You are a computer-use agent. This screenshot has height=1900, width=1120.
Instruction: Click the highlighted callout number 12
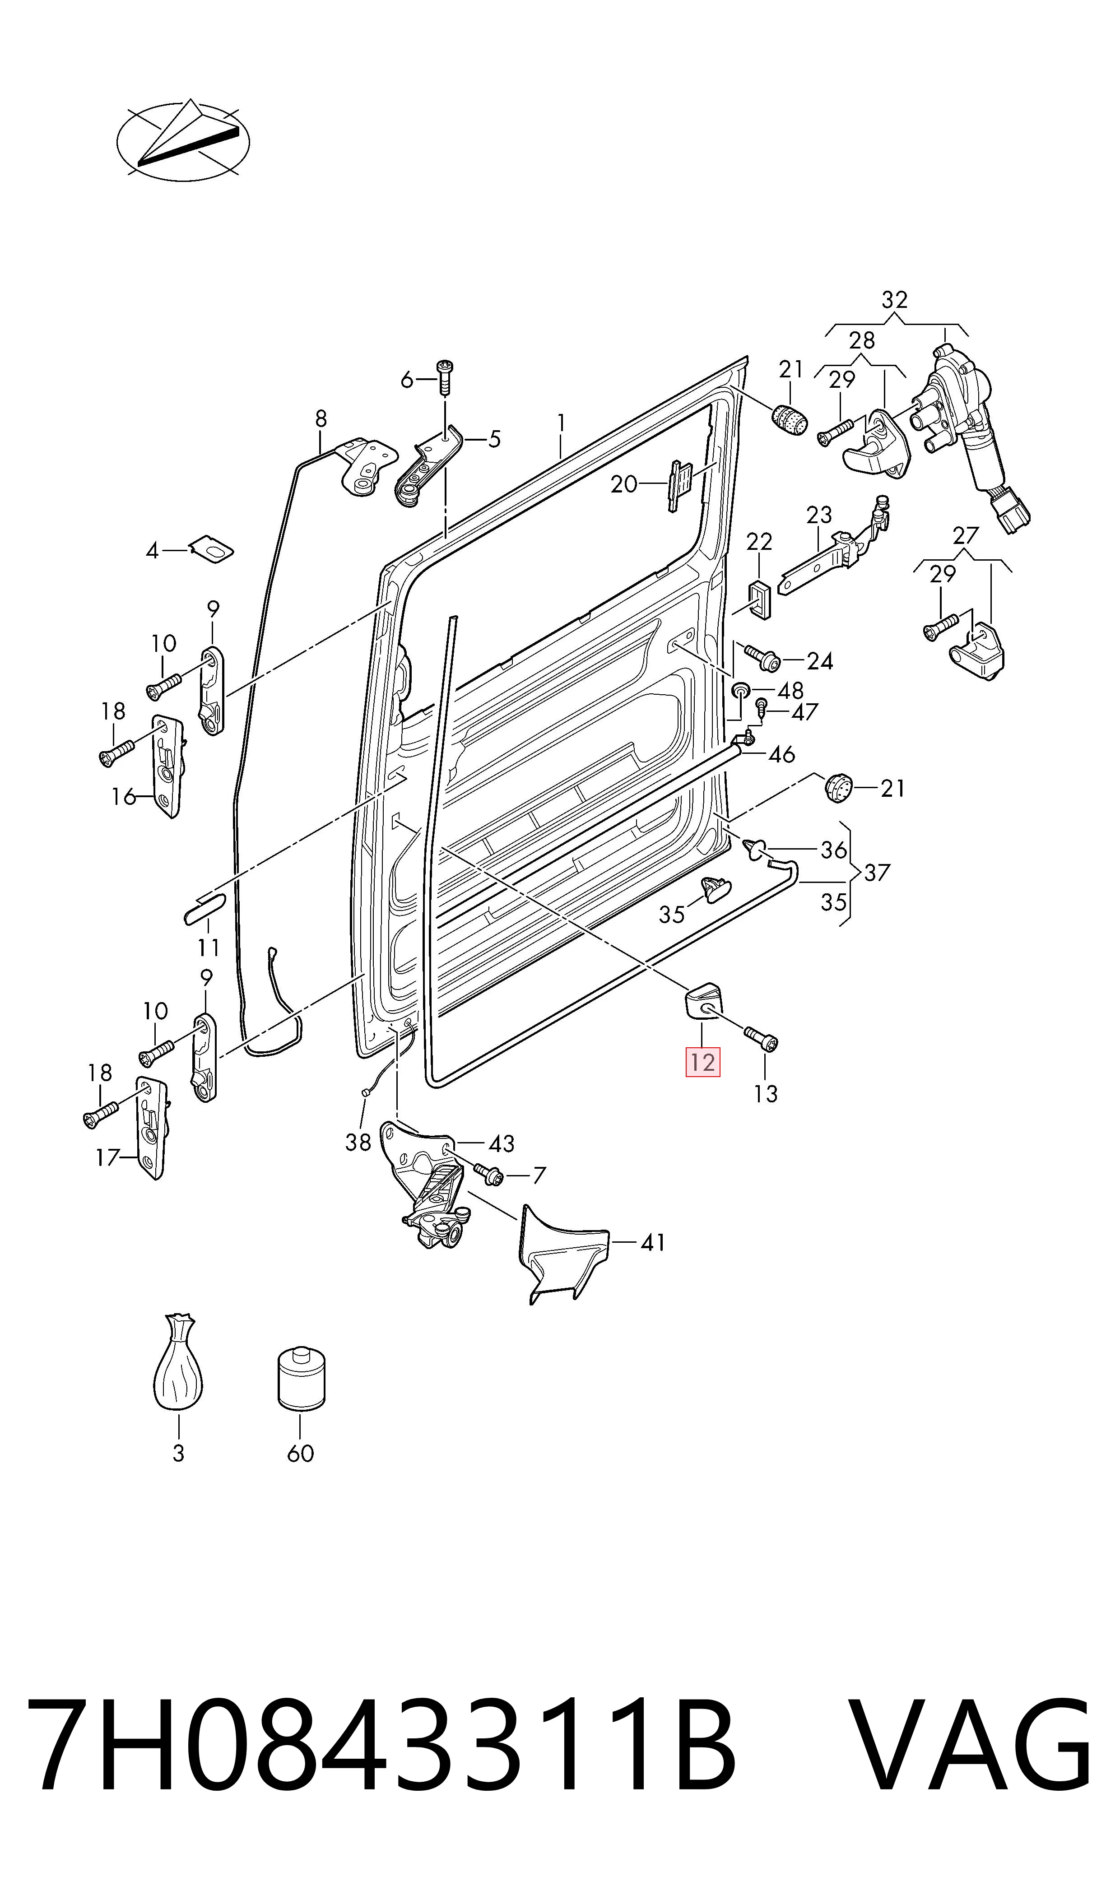pos(702,1063)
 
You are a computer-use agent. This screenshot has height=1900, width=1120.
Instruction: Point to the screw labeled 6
pos(445,377)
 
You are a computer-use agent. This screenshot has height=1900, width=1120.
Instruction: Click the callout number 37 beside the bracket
pos(878,873)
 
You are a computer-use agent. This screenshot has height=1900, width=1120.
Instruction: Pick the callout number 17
pos(108,1157)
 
